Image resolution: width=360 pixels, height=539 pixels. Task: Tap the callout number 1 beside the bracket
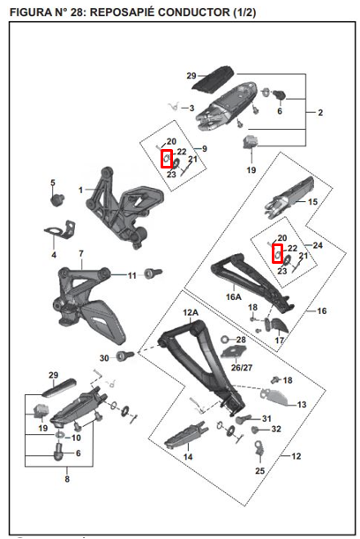pyautogui.click(x=80, y=190)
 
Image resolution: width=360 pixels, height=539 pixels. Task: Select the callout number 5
pyautogui.click(x=52, y=183)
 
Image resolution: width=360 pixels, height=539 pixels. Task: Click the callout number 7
pyautogui.click(x=80, y=254)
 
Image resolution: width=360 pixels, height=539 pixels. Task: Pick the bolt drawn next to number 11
pyautogui.click(x=149, y=274)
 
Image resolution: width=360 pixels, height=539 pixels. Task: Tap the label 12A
pyautogui.click(x=190, y=313)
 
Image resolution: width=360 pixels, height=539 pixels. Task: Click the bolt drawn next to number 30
pyautogui.click(x=123, y=356)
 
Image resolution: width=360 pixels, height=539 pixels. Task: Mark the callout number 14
pyautogui.click(x=188, y=458)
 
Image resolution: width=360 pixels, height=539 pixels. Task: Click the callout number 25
pyautogui.click(x=259, y=472)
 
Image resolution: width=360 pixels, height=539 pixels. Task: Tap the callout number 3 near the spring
pyautogui.click(x=191, y=108)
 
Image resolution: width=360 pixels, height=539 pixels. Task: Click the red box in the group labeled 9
pyautogui.click(x=166, y=158)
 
